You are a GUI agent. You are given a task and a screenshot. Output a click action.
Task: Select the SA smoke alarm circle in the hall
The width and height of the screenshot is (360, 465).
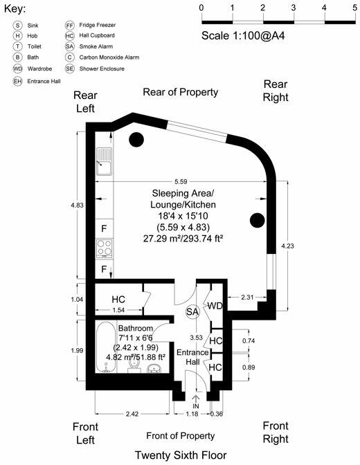(x=194, y=312)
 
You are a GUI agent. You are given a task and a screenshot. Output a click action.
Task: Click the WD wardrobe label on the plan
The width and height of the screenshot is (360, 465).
(x=216, y=306)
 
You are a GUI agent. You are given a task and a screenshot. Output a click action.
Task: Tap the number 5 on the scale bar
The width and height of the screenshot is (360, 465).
(x=354, y=8)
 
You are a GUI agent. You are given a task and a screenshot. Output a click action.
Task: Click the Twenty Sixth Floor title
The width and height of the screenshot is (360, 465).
(x=180, y=455)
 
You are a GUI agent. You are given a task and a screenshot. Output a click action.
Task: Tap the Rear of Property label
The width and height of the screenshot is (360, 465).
(x=180, y=92)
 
